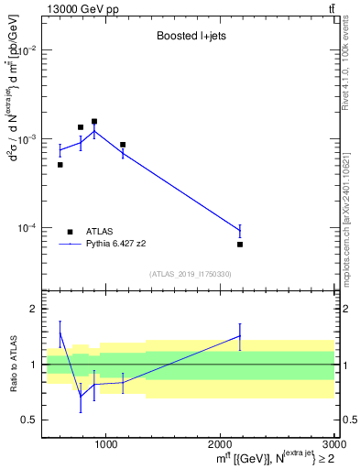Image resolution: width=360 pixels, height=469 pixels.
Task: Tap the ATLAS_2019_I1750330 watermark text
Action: [190, 274]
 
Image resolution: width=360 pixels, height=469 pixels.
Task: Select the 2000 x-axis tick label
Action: [220, 445]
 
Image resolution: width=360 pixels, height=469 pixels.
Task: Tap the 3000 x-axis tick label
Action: [332, 445]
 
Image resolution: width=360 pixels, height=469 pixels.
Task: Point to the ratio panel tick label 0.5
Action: [30, 420]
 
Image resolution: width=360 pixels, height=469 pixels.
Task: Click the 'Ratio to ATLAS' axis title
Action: [12, 364]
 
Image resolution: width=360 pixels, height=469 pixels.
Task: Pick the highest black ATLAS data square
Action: [94, 121]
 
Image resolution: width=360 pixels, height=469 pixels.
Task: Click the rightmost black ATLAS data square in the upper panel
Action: [240, 245]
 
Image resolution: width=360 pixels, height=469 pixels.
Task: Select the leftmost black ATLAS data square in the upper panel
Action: [60, 165]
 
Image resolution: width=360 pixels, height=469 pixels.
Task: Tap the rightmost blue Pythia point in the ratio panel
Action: [240, 335]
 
